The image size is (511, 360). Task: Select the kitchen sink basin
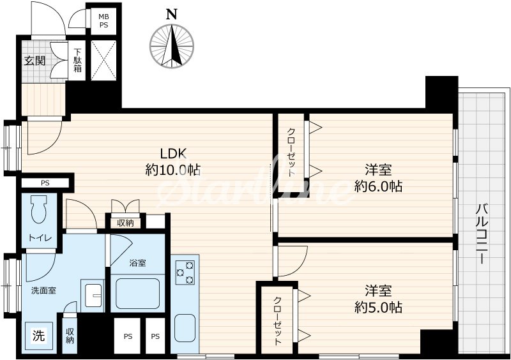[185, 327]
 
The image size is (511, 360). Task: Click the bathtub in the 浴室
[137, 293]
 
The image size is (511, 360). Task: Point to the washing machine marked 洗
[39, 336]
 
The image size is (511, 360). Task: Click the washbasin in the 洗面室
[93, 296]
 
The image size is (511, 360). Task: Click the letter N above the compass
[172, 14]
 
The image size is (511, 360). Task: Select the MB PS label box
[103, 20]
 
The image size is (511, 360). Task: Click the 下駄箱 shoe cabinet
[77, 60]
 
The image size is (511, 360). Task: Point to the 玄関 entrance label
[35, 61]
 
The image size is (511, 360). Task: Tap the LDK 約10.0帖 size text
[172, 161]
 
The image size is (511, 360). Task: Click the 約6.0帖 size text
[378, 186]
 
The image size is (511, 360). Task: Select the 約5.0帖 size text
[378, 308]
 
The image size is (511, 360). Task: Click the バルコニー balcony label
[482, 233]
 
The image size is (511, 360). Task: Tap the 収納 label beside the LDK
[125, 223]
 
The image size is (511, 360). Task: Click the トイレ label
[40, 238]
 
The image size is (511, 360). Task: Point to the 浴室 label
[137, 262]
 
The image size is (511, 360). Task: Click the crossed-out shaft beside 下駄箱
[103, 60]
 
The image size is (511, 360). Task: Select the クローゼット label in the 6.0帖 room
[291, 152]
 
